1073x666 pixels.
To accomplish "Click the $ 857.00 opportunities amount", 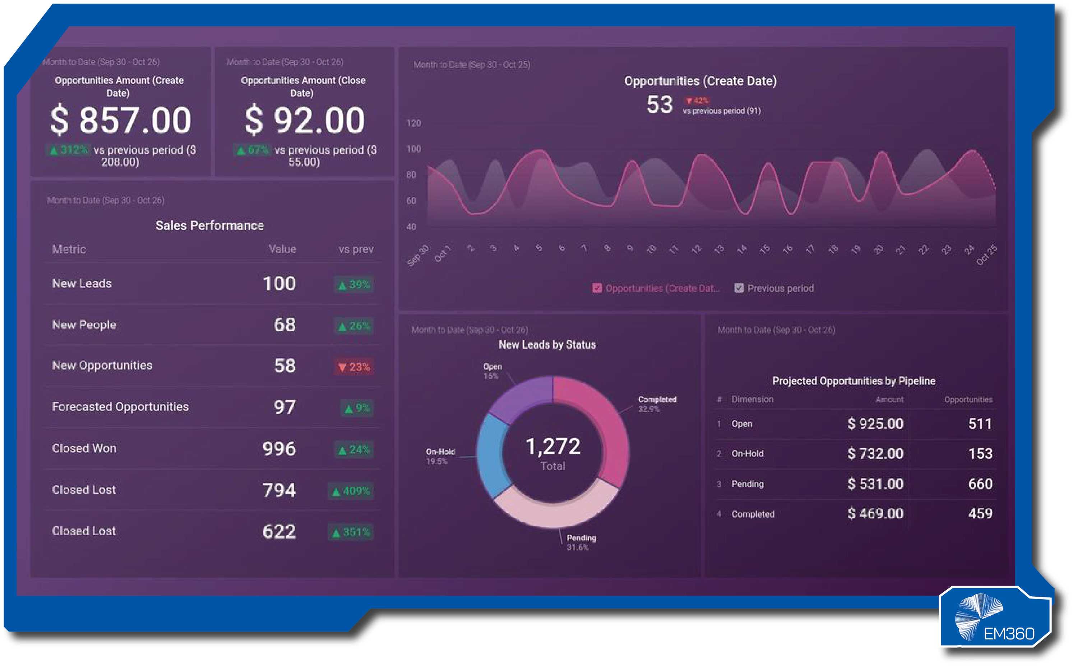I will pos(121,120).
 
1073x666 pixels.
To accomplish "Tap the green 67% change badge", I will pos(252,150).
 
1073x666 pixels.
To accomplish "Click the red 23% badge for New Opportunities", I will pos(354,367).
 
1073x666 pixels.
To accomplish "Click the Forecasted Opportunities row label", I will pos(120,406).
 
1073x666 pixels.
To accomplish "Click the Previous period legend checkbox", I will pos(739,288).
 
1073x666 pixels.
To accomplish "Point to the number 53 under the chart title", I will pos(659,104).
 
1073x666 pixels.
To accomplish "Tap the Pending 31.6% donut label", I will pos(581,542).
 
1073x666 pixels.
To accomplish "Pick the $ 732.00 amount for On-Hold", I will pos(875,453).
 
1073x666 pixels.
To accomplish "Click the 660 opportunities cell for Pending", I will pos(980,484).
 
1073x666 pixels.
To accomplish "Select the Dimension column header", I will pos(752,400).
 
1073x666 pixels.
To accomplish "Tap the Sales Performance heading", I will pos(210,225).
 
